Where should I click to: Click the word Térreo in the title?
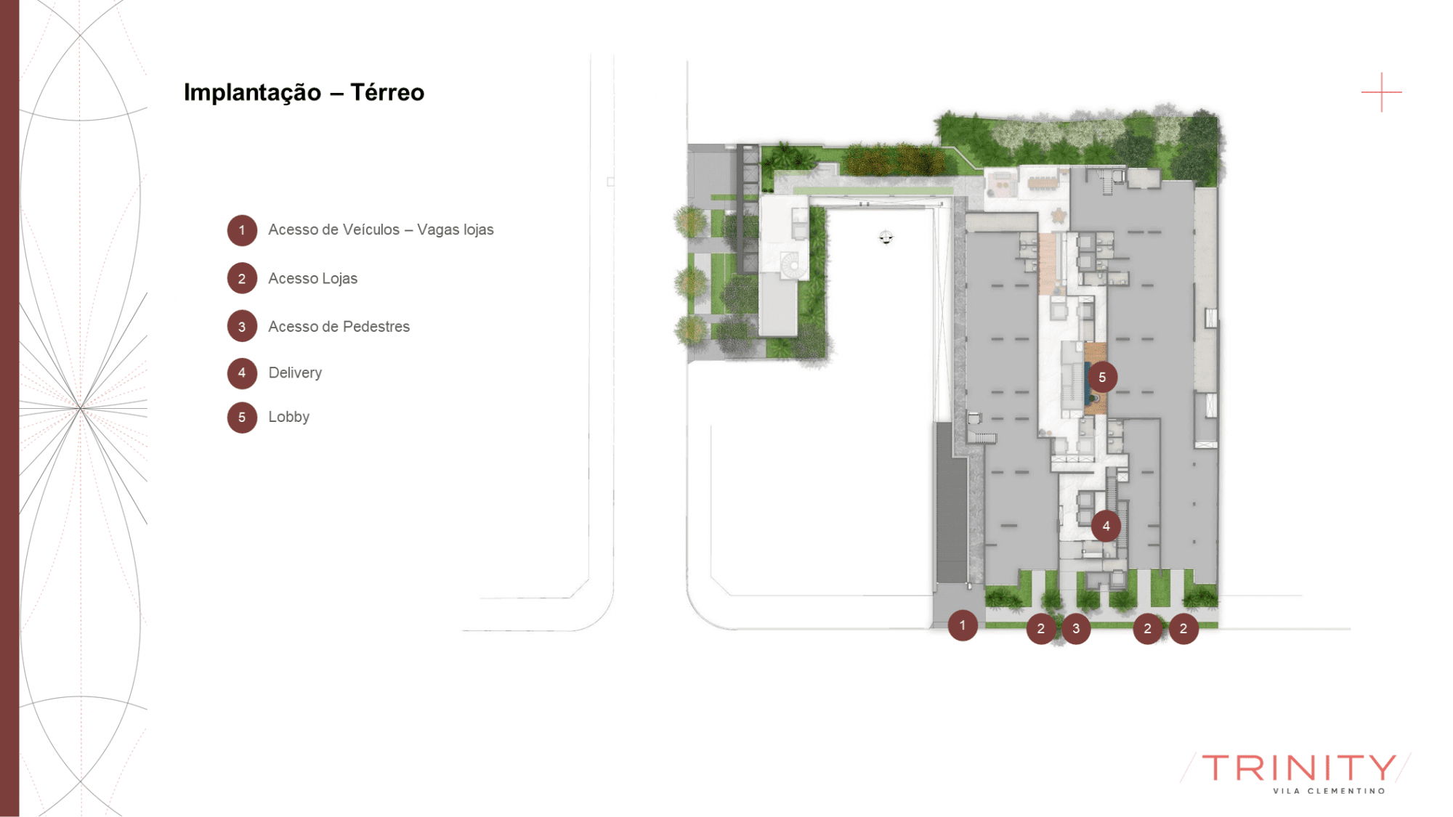387,92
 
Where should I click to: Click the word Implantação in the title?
252,92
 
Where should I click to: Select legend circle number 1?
242,230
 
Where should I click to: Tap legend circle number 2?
242,278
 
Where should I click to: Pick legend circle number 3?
242,327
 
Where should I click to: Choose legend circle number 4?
242,373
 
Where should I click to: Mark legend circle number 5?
242,418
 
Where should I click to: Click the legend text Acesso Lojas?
312,278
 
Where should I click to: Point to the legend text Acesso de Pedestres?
339,327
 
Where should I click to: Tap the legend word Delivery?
295,373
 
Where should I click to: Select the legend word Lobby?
288,417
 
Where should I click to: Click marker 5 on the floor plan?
1102,377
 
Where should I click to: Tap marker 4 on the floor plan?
1106,526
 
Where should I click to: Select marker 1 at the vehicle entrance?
963,625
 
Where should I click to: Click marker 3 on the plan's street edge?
1076,628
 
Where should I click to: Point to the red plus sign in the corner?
1381,92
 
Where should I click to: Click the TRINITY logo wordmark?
1298,768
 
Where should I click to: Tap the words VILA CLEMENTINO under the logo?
1329,791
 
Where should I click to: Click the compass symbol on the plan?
886,237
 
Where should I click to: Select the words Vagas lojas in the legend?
456,229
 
